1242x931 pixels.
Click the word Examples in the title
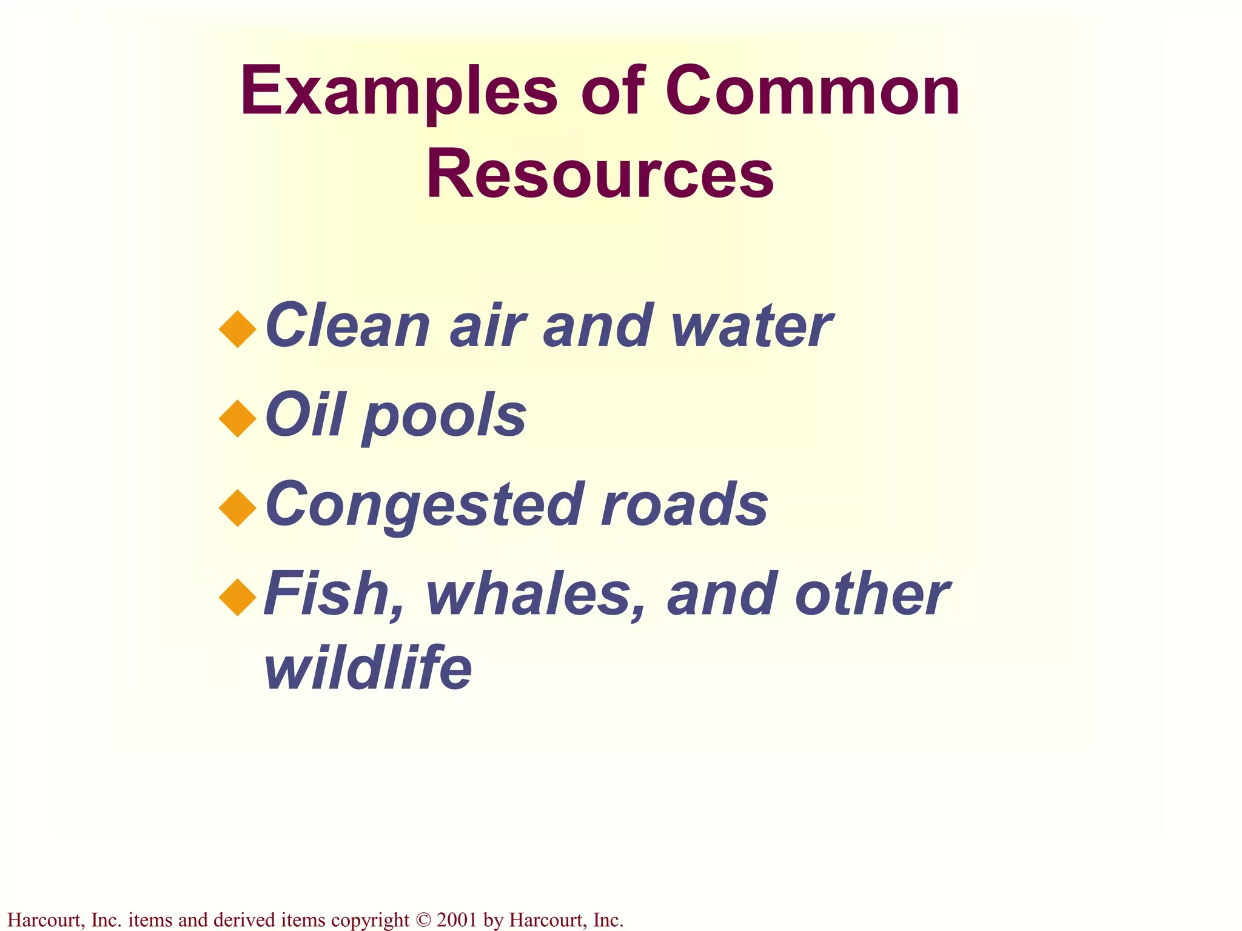point(398,92)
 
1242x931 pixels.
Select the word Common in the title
point(812,92)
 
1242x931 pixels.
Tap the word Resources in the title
point(600,175)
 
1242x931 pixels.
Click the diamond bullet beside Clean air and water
point(238,329)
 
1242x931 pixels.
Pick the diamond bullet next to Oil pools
point(238,418)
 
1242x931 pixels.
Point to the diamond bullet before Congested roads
point(238,507)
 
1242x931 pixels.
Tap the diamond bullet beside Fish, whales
point(238,597)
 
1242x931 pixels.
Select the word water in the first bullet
point(751,327)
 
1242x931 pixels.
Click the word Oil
point(306,415)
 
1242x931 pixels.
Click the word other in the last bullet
point(871,594)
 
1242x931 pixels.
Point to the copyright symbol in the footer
point(423,920)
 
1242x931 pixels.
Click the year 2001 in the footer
point(456,920)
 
